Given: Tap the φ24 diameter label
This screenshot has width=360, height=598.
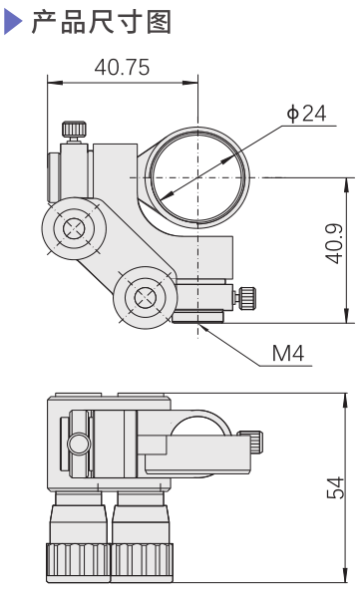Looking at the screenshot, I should coord(306,114).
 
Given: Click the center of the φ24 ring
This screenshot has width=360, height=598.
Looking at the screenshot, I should coord(197,177).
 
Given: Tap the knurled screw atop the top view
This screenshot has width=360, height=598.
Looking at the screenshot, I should coord(73,130).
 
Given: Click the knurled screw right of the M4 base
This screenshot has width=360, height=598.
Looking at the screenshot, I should coord(245,296).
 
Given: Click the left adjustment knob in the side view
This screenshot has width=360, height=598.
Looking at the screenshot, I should coord(78,533).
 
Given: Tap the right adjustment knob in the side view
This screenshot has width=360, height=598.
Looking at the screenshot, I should coord(142,533).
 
